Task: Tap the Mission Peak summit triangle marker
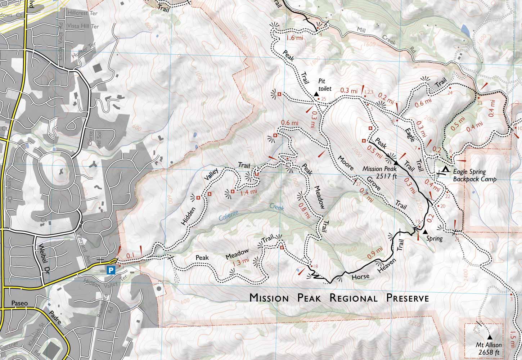395,163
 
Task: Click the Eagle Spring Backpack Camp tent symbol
446,169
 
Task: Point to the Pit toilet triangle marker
316,94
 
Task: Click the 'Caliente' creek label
228,216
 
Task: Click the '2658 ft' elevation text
489,352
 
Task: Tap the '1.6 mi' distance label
294,38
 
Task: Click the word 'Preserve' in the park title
407,298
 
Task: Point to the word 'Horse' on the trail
360,276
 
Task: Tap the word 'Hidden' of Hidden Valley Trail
189,216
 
